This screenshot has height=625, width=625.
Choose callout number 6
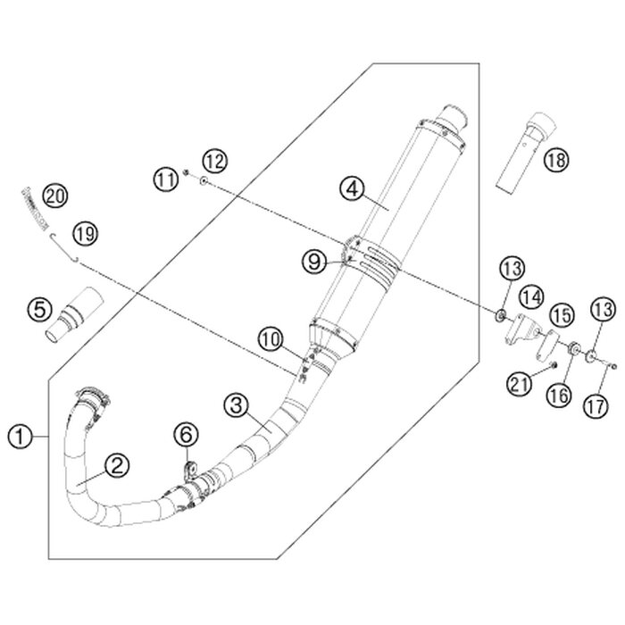tap(184, 435)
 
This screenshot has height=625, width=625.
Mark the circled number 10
tap(270, 338)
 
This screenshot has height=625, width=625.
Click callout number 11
tap(164, 179)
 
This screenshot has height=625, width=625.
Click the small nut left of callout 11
tap(185, 171)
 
